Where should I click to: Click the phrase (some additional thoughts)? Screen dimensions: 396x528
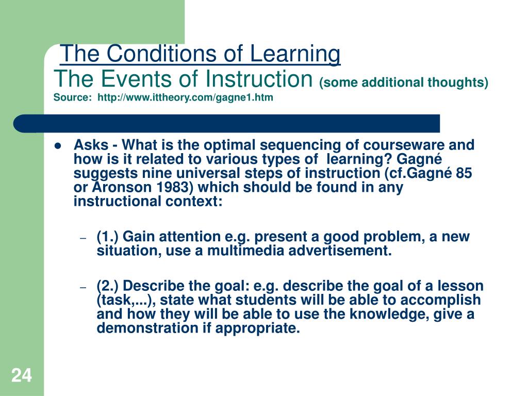coord(404,82)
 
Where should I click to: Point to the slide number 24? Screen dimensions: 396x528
coord(21,375)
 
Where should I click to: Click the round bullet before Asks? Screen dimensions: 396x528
coord(58,146)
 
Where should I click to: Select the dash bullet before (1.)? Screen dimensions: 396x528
coord(82,238)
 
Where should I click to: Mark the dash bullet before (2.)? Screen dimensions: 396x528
coord(82,287)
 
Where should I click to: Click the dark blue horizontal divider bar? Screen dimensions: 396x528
coord(227,123)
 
